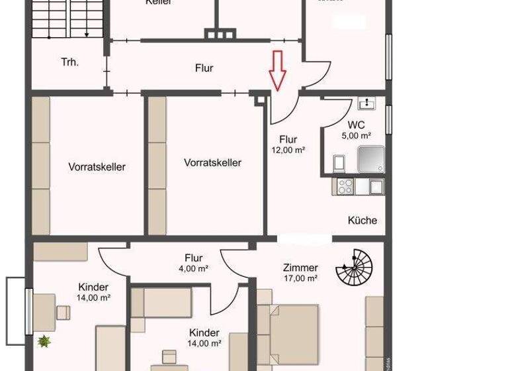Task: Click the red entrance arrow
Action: click(x=277, y=70)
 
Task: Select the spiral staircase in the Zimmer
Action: click(x=355, y=267)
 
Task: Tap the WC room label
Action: click(x=356, y=125)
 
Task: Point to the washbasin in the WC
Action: click(x=366, y=103)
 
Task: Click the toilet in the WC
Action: click(x=338, y=162)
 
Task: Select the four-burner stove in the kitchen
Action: click(x=345, y=187)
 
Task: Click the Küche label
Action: click(x=362, y=221)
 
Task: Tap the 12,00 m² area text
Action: click(x=288, y=150)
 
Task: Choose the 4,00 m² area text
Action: click(x=193, y=268)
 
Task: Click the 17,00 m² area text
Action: click(x=300, y=278)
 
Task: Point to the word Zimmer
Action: click(x=300, y=268)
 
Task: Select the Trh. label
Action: click(x=70, y=62)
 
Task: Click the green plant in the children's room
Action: click(x=44, y=342)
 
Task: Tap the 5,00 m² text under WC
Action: click(x=356, y=135)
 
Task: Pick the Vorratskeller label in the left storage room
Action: click(x=97, y=167)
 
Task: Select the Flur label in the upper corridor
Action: click(x=204, y=68)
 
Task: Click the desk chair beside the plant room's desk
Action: click(x=63, y=312)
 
